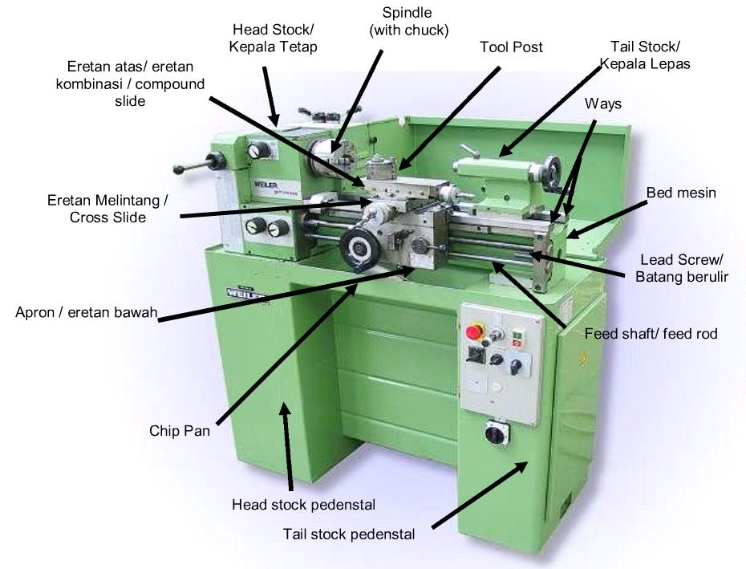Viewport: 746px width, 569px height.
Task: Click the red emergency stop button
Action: click(475, 331)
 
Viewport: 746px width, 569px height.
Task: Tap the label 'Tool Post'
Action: click(511, 47)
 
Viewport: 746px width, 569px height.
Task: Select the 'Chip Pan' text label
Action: click(180, 431)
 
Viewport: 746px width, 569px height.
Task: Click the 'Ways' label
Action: click(602, 104)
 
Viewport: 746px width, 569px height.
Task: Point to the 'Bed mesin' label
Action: click(681, 193)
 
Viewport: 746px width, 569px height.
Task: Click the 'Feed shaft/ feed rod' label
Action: click(651, 334)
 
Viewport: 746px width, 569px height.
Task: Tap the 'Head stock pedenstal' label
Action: click(303, 505)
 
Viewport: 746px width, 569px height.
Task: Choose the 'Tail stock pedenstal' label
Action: click(349, 534)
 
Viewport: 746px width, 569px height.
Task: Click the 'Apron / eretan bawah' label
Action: click(86, 312)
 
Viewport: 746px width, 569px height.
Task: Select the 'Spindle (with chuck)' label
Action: click(408, 22)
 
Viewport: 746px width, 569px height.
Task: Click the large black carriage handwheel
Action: click(359, 249)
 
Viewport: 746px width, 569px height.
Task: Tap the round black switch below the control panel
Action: click(497, 433)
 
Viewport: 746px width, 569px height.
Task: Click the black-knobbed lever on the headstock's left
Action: click(200, 164)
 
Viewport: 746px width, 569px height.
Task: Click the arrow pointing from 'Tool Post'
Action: click(448, 119)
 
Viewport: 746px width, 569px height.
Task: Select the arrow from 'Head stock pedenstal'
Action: click(287, 446)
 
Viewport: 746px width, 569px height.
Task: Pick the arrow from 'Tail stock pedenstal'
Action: click(480, 494)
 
